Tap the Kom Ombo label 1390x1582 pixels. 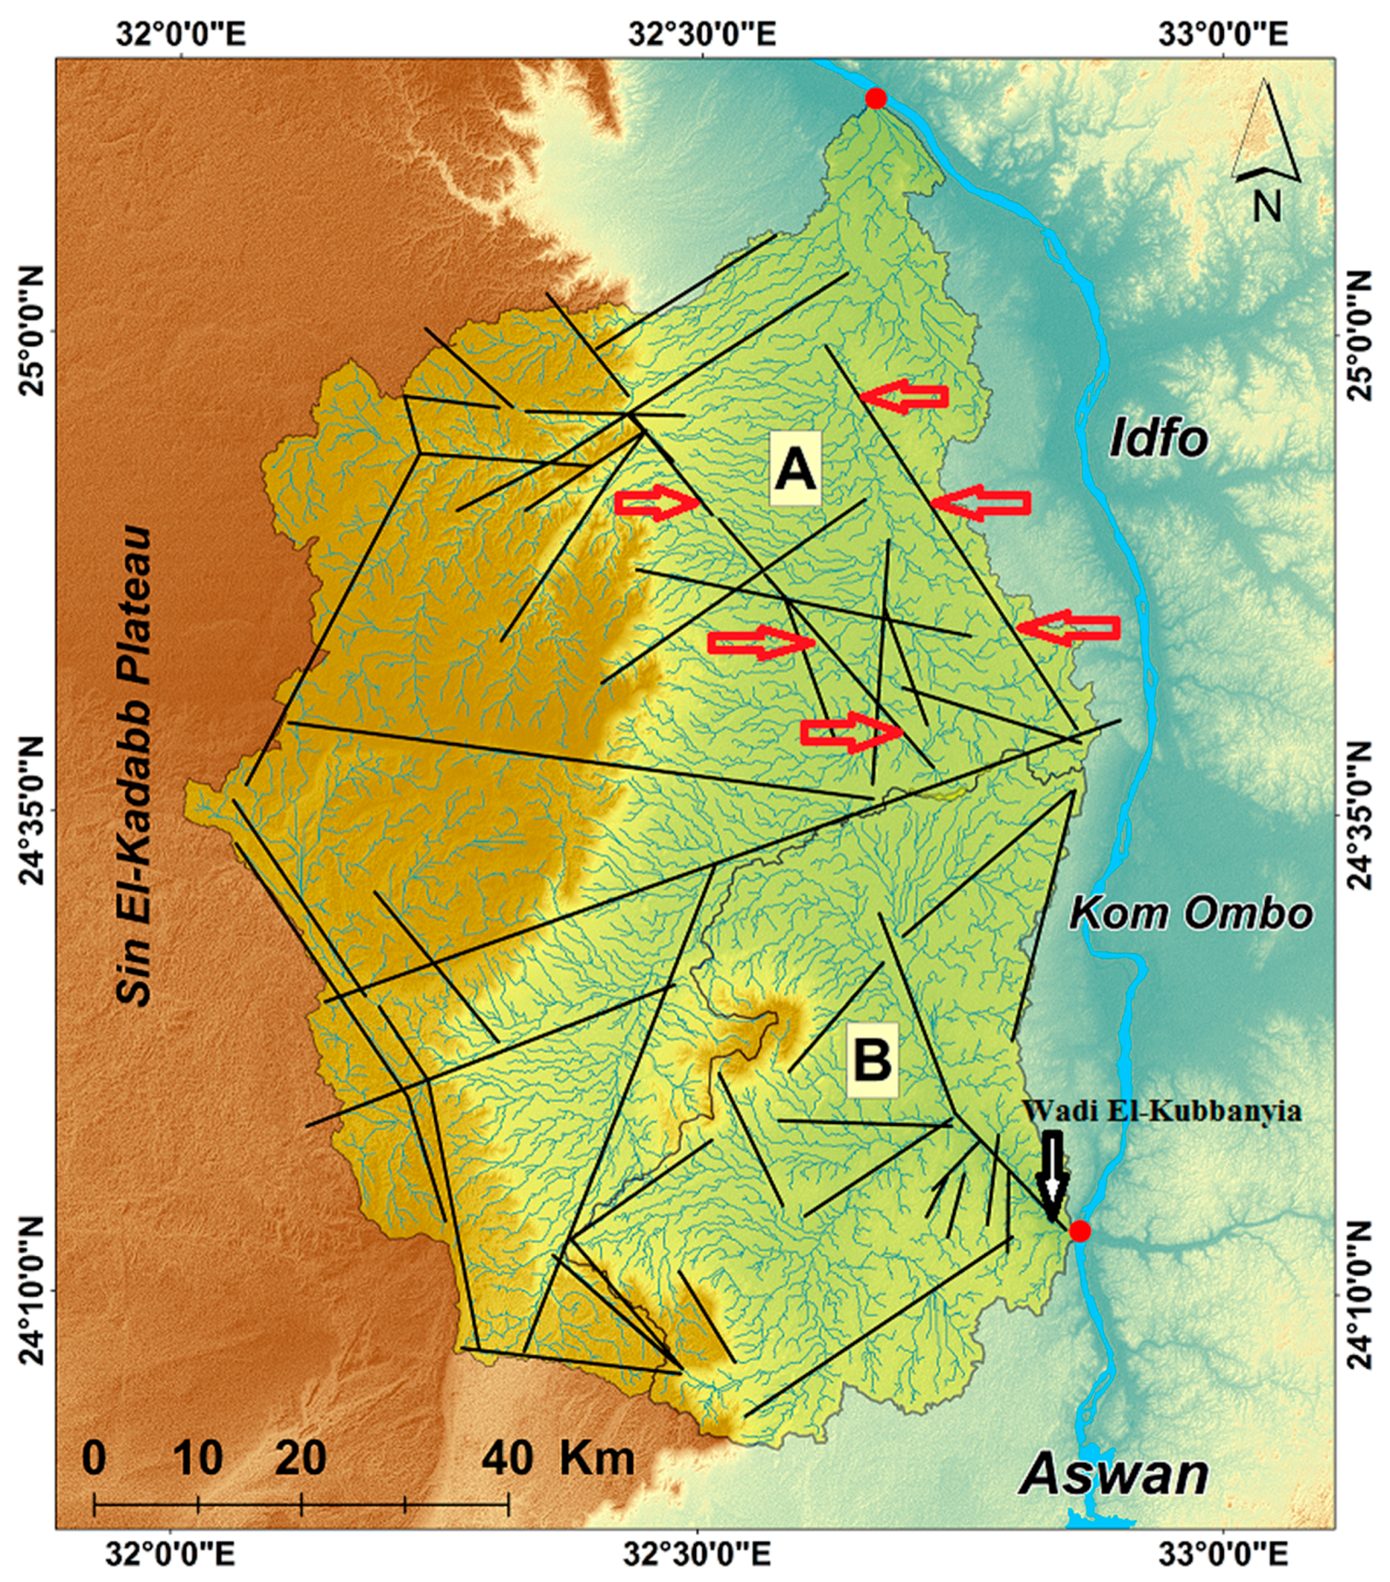pyautogui.click(x=1190, y=914)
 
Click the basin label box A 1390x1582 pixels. pyautogui.click(x=795, y=470)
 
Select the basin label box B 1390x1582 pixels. pyautogui.click(x=872, y=1059)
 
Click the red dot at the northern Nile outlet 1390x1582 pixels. pyautogui.click(x=875, y=98)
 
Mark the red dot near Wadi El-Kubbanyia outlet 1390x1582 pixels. pyautogui.click(x=1080, y=1230)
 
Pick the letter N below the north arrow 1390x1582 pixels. pyautogui.click(x=1267, y=207)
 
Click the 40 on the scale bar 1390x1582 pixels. pyautogui.click(x=508, y=1460)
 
